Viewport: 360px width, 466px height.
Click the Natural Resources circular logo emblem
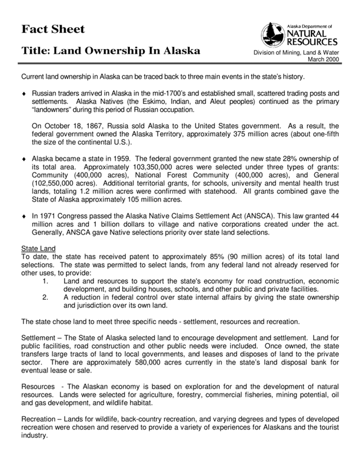pyautogui.click(x=274, y=35)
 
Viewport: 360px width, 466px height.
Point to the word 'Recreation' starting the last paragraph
pyautogui.click(x=41, y=417)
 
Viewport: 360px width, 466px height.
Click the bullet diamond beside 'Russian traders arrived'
pyautogui.click(x=24, y=93)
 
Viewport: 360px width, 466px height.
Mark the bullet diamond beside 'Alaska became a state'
pyautogui.click(x=24, y=158)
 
